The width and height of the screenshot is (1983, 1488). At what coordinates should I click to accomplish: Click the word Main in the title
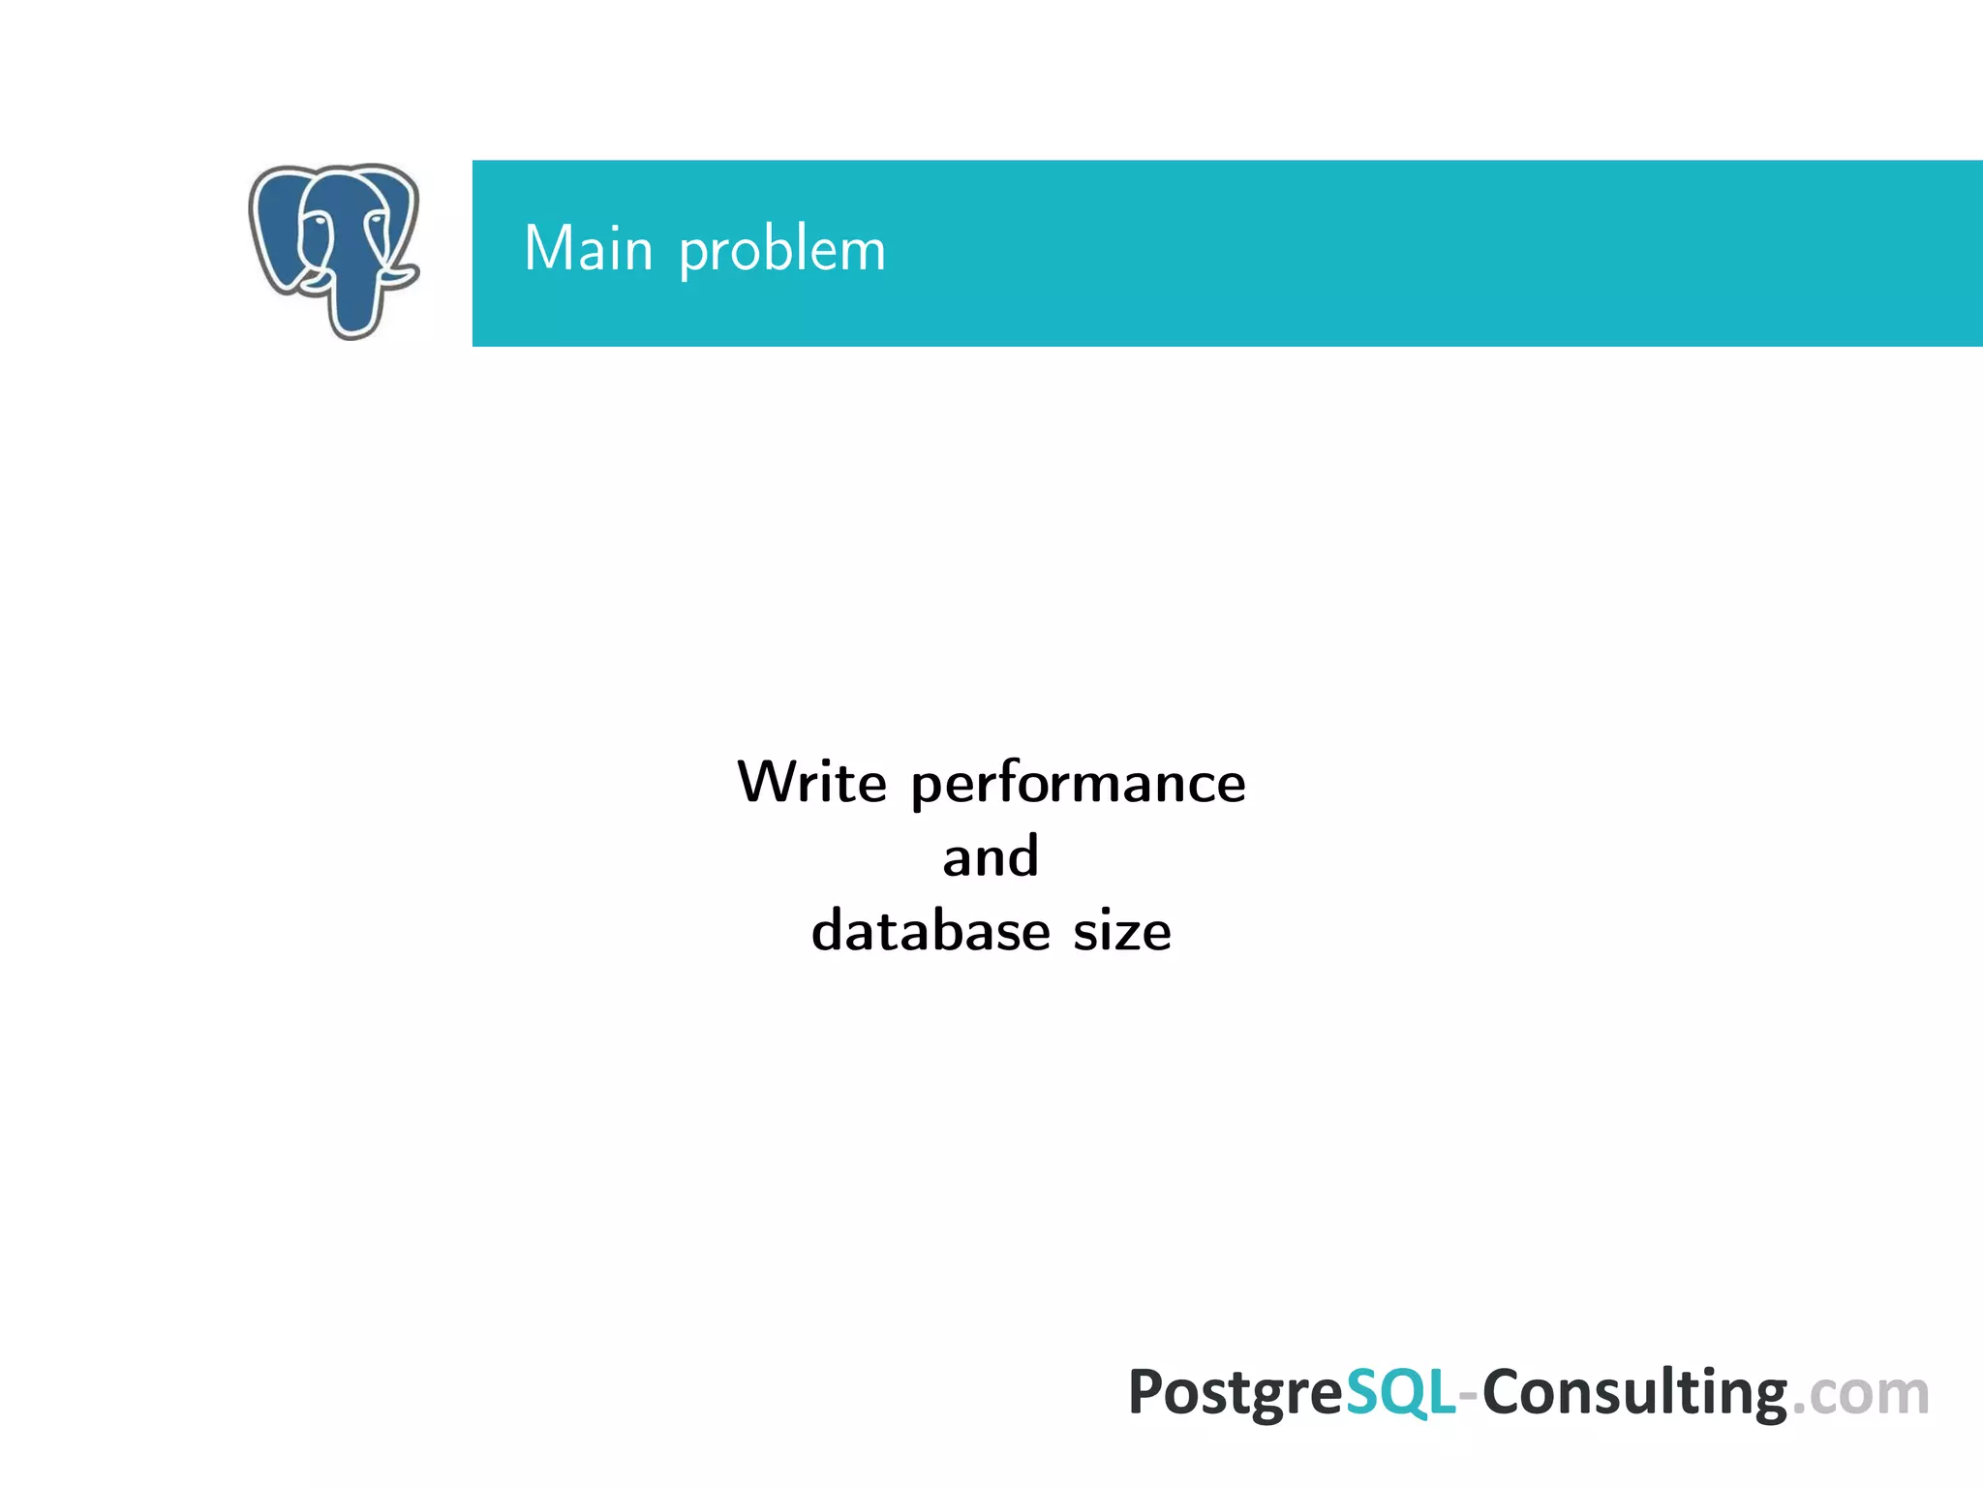tap(588, 249)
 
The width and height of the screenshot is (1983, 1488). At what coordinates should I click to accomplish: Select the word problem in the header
tap(782, 251)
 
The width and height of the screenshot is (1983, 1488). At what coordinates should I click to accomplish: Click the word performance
tap(1078, 785)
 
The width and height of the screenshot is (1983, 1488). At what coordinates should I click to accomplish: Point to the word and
tap(991, 857)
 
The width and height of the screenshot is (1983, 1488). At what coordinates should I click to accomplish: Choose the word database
tap(930, 931)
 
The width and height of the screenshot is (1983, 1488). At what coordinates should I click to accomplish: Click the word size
tap(1122, 932)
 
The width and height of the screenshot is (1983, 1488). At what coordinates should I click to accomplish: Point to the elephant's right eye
tap(373, 222)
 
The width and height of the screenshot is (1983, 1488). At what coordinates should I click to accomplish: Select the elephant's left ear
tap(276, 228)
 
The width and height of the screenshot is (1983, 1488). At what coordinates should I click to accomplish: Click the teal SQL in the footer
tap(1400, 1393)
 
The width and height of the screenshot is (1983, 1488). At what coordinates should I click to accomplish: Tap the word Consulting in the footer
tap(1634, 1393)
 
